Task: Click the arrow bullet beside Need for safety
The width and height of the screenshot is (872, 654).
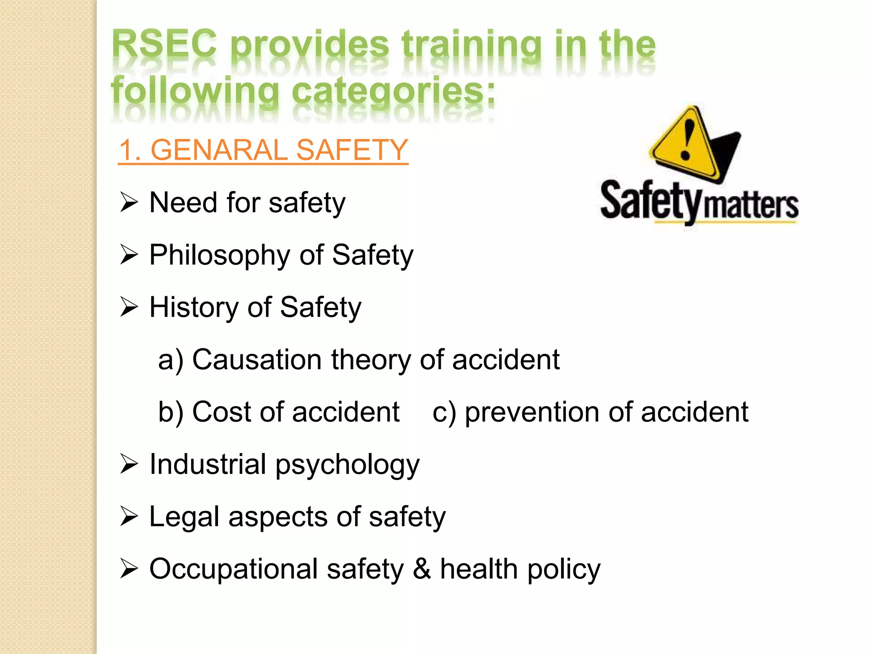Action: click(129, 202)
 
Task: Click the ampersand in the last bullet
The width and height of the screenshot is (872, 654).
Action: click(422, 569)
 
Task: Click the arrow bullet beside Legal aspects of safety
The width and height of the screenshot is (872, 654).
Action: click(129, 516)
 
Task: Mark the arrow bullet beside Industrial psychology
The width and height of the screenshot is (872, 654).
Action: click(129, 464)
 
